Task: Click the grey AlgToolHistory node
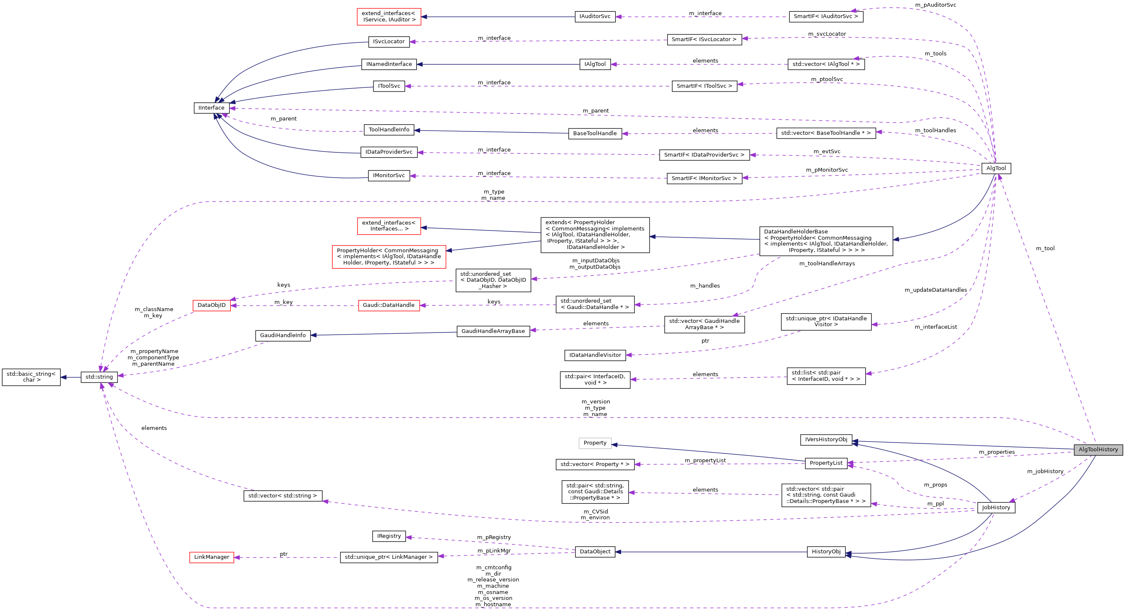pos(1098,450)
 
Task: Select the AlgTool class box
pos(996,168)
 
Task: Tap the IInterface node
pos(211,108)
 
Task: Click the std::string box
pos(99,377)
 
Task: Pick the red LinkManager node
pos(211,557)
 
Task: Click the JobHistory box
pos(996,507)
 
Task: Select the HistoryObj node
pos(826,552)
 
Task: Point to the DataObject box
pos(595,552)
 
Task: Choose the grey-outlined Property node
pos(595,443)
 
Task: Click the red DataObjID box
pos(211,305)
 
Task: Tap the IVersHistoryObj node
pos(826,440)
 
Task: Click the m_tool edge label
pos(1045,249)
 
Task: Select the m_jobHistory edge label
pos(1045,471)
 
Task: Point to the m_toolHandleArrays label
pos(827,264)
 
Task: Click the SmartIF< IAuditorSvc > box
pos(826,17)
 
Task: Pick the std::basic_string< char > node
pos(31,377)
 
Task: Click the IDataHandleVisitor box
pos(595,355)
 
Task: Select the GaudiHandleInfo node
pos(282,335)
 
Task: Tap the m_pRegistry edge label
pos(493,537)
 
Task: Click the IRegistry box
pos(389,536)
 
